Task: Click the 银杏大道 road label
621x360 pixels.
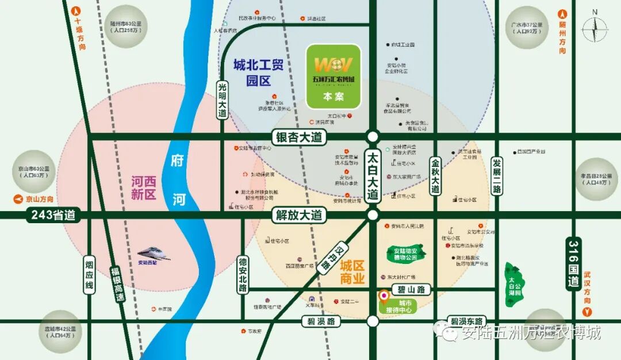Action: click(298, 137)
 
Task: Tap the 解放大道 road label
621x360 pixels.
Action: click(298, 216)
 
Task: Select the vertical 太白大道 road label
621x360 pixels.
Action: click(373, 175)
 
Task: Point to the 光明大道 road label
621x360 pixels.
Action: click(223, 99)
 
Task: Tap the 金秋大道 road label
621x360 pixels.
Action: click(436, 176)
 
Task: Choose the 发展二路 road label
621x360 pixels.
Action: click(497, 176)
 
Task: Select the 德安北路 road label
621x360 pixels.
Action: click(243, 275)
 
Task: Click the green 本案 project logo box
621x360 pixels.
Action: click(333, 76)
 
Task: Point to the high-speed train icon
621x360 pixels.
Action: click(154, 252)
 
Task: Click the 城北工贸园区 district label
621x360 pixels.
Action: click(258, 72)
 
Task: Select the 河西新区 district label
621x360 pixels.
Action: click(143, 188)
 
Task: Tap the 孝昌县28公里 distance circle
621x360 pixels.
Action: click(596, 179)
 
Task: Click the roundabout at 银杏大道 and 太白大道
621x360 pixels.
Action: click(373, 137)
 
